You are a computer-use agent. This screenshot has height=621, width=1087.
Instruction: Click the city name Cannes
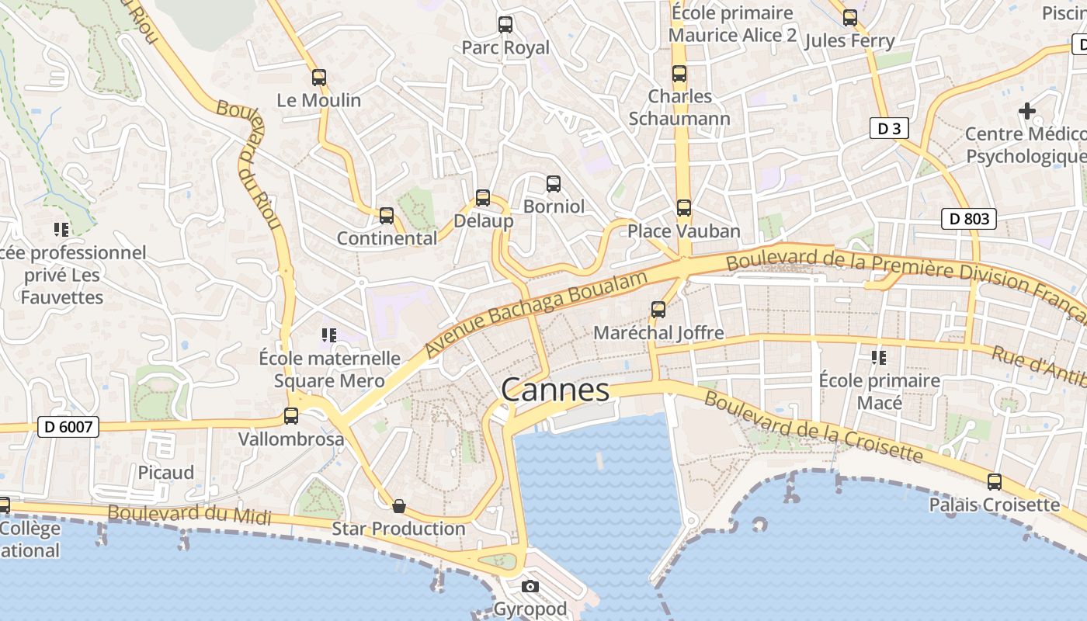[x=555, y=390]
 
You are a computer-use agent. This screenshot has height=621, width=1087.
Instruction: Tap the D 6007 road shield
[x=68, y=426]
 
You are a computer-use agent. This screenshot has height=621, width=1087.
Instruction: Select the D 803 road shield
[x=970, y=219]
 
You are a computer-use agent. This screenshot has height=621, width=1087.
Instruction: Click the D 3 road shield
[x=889, y=128]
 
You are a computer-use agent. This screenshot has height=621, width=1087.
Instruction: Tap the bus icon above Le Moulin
[x=319, y=78]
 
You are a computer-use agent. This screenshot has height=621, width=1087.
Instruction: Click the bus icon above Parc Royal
[x=505, y=25]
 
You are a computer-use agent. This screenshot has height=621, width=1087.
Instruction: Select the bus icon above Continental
[x=387, y=216]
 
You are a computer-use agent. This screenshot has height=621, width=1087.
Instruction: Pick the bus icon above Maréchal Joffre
[x=658, y=310]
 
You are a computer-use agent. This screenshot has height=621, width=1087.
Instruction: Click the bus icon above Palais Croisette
[x=995, y=482]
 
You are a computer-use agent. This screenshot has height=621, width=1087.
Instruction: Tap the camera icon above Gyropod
[x=530, y=586]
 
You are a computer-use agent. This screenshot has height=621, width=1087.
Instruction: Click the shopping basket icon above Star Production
[x=399, y=506]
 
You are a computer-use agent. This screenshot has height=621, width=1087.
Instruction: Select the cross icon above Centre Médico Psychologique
[x=1027, y=111]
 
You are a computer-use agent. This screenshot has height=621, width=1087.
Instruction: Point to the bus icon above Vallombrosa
[x=291, y=416]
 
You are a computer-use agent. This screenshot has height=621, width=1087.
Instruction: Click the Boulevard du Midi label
[x=189, y=514]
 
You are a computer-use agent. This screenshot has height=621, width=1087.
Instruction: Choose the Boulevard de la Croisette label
[x=814, y=427]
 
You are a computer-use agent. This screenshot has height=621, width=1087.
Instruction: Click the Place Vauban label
[x=684, y=231]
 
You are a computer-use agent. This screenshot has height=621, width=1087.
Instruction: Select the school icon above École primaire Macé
[x=879, y=358]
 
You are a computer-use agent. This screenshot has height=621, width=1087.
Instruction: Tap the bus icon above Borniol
[x=554, y=184]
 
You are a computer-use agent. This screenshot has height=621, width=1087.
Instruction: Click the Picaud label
[x=165, y=472]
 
